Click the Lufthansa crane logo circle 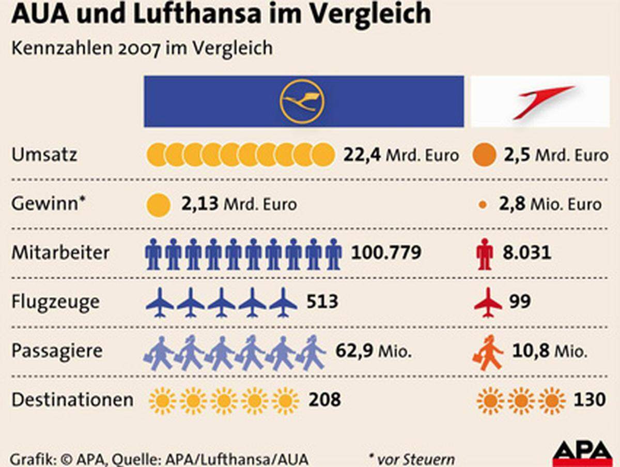coord(302,101)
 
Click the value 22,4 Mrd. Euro coord(401,155)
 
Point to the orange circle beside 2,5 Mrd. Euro coord(484,155)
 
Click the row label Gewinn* coord(48,203)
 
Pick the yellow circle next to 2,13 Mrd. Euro coord(159,205)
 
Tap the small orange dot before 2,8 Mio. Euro coord(483,205)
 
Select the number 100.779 coord(386,253)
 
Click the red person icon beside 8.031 coord(485,254)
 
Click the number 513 coord(322,301)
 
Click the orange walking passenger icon coord(487,353)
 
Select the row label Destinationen coord(72,400)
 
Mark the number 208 coord(324,400)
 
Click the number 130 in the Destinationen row coord(590,400)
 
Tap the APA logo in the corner coord(582,454)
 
